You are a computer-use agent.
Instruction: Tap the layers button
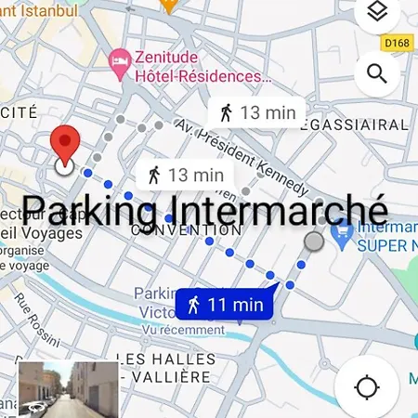pos(376,13)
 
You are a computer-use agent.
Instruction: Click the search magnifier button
pos(376,74)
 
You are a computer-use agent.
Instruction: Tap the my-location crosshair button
pos(367,385)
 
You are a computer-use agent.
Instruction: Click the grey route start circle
pos(315,242)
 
